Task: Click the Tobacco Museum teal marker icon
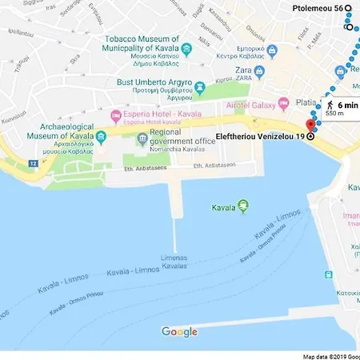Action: pos(186,50)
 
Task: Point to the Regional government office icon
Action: pos(142,141)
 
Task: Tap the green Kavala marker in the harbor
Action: pos(244,207)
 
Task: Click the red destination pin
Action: pos(311,125)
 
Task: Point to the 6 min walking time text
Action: pos(347,105)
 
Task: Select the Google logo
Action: pos(179,332)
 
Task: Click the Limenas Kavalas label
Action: pos(174,262)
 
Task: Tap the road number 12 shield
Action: pos(33,162)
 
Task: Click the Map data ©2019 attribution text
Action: pos(330,356)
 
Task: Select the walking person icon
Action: pos(328,105)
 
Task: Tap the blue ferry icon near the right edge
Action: pos(327,274)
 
